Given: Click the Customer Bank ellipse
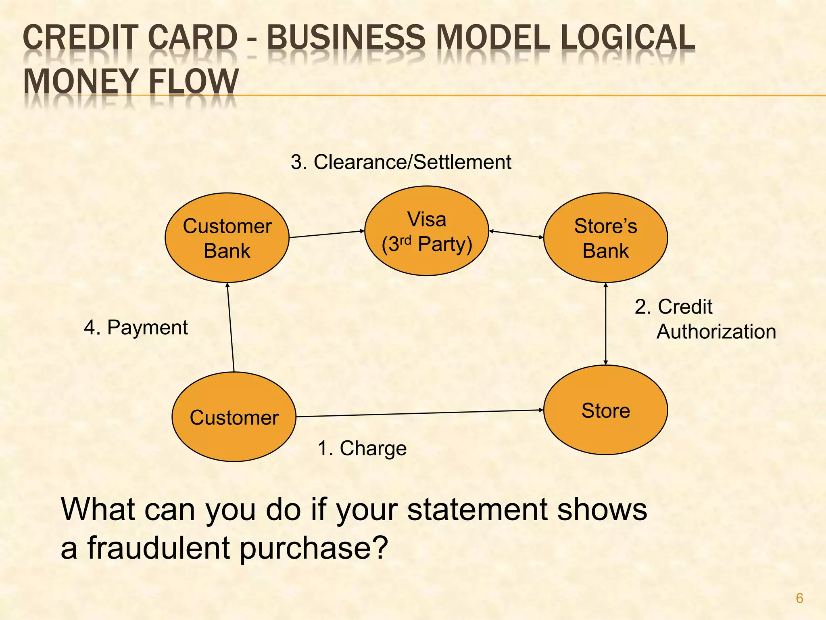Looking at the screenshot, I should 227,238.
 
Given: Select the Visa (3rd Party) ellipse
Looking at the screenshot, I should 427,231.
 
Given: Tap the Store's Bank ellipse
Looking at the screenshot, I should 605,238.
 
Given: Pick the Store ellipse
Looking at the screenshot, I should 605,410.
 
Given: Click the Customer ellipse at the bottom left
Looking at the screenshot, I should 234,417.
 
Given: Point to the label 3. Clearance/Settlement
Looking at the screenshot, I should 401,162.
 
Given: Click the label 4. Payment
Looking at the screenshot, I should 136,327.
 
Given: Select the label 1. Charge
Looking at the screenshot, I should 362,448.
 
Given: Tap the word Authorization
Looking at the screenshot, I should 716,332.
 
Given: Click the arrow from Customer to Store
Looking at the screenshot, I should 419,413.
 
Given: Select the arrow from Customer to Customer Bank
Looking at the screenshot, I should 231,327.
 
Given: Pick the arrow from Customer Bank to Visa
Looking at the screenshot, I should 327,234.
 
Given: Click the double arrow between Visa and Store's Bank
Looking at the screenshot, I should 516,234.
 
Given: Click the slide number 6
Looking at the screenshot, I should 799,598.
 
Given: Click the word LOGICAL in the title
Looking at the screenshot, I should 628,38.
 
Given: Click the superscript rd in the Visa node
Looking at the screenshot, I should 405,240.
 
